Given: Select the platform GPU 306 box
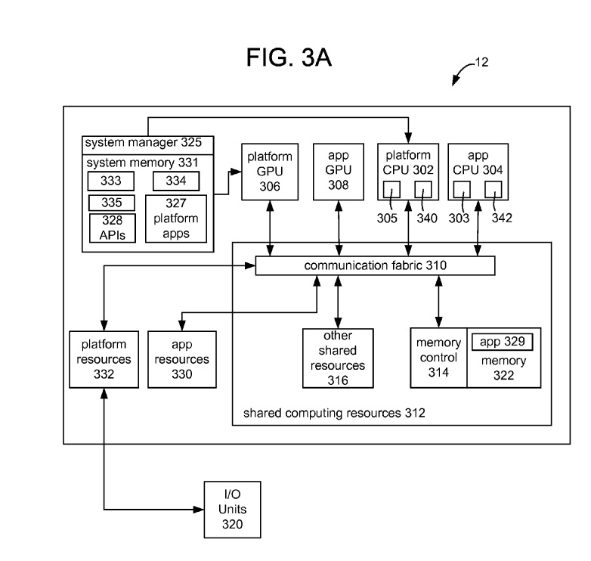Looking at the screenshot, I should [x=265, y=171].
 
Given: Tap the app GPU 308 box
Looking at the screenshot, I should [x=339, y=171].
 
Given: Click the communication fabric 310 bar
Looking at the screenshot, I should [x=375, y=266].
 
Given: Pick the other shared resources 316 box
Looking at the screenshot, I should [x=338, y=358].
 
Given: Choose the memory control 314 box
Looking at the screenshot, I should [x=438, y=358].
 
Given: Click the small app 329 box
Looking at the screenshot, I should [x=502, y=342].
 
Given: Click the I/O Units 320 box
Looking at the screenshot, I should [x=233, y=509].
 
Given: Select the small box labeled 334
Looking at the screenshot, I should [x=176, y=181].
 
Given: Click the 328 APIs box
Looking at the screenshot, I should [x=111, y=227].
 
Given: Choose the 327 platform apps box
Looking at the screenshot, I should [x=176, y=218].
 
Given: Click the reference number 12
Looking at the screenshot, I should [x=481, y=64].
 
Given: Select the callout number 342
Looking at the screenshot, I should [x=501, y=219].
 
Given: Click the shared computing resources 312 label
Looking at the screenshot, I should [x=334, y=413].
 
